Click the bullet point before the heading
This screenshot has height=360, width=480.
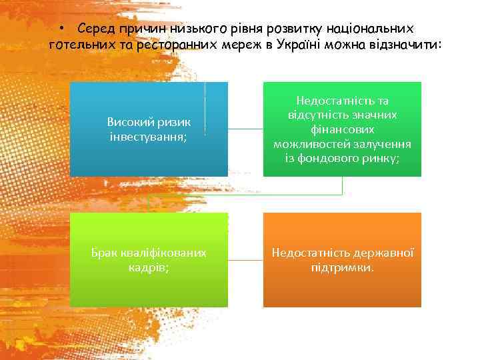click(60, 29)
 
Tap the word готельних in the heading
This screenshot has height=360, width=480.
click(79, 45)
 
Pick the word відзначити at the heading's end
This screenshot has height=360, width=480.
click(407, 45)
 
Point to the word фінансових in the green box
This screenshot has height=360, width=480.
click(342, 129)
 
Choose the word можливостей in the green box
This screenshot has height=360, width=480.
click(311, 144)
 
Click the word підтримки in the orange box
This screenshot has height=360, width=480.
click(341, 267)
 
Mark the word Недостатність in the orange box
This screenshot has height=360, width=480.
click(308, 253)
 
